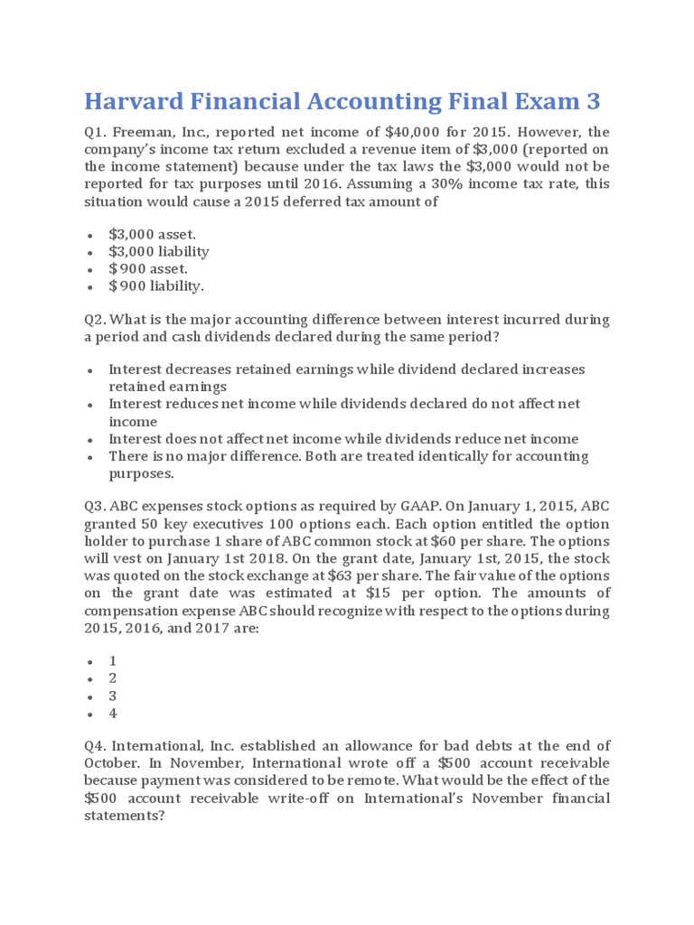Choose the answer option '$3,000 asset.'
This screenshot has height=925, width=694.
[x=152, y=234]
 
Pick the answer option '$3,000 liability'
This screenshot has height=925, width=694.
[x=158, y=251]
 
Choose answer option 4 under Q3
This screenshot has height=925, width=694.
[x=113, y=713]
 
